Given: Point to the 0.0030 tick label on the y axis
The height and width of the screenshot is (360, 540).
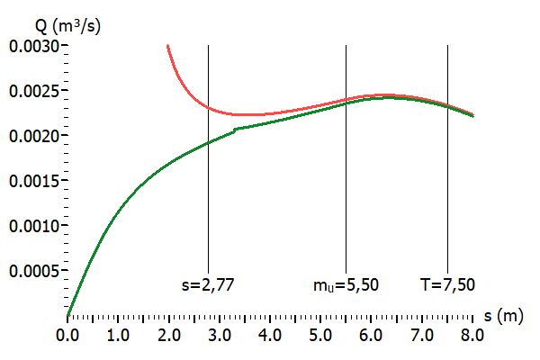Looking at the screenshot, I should coord(31,46).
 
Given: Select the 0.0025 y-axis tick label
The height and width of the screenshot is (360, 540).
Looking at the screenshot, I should coord(31,91).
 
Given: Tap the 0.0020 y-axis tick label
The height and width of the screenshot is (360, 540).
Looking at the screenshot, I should coord(31,136).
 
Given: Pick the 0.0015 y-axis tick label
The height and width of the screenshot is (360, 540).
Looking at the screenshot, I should coord(31,181).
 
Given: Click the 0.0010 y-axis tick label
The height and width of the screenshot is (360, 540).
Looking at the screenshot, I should coord(31,226).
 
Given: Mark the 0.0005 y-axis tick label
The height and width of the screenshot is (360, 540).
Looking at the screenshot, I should coord(31,271).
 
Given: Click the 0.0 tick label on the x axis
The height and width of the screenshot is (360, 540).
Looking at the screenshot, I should coord(67,335).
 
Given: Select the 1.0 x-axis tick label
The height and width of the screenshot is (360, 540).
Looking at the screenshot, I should coord(118,335).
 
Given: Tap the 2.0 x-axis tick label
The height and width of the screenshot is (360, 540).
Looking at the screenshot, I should coord(168,335).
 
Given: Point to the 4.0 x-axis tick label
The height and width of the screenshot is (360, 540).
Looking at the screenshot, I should coord(270,335).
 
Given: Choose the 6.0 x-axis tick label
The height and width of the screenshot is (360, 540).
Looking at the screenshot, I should coord(372,335).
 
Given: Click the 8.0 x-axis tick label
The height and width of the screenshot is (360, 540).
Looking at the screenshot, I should coord(472,335).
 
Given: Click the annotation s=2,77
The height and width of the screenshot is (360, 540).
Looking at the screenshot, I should coord(208,285).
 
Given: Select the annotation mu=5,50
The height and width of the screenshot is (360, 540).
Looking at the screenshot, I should coord(346,285).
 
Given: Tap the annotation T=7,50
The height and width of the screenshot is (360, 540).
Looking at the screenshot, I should coord(447,285).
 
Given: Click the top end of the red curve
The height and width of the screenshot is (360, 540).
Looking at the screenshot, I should coord(167,45).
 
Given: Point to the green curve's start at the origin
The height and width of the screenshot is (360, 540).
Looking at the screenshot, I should coord(67,316).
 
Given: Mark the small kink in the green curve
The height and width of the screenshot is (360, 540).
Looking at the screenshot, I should coord(236,130).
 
